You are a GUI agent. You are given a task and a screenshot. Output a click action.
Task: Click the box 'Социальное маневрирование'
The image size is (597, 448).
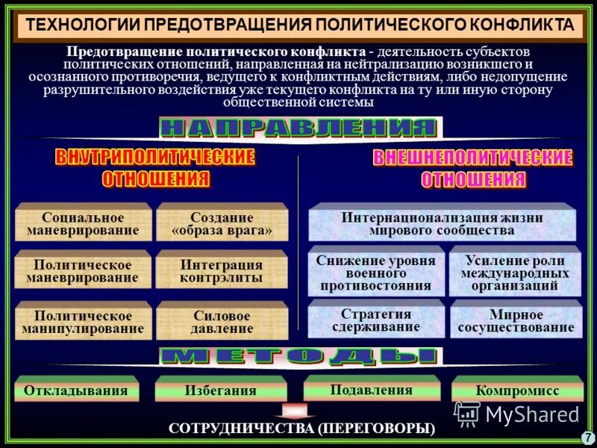(x=83, y=224)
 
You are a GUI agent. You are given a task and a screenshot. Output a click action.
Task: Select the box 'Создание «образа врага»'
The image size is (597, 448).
(x=222, y=224)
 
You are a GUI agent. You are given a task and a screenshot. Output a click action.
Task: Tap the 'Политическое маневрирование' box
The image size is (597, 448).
(x=83, y=271)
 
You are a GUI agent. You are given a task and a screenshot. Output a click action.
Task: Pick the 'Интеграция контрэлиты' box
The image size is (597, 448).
(x=222, y=271)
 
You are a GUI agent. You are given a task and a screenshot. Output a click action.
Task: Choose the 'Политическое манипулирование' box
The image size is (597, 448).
(x=83, y=322)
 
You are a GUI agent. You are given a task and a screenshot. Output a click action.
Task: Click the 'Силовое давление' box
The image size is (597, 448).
(x=222, y=322)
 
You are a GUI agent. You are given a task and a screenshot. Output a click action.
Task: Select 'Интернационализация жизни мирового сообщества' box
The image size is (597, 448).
(x=442, y=224)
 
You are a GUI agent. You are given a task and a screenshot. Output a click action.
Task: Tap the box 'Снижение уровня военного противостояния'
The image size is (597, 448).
(x=375, y=272)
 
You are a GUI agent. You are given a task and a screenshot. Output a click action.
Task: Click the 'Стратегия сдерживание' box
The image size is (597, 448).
(x=375, y=320)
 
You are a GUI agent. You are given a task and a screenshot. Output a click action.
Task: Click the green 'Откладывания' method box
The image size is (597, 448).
(x=76, y=391)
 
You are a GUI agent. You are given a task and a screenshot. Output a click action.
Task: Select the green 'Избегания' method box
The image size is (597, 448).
(x=220, y=391)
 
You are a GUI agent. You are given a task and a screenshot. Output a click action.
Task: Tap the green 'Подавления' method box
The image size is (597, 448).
(x=371, y=389)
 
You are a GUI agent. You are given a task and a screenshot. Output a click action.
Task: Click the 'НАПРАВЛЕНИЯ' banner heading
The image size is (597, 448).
(x=298, y=128)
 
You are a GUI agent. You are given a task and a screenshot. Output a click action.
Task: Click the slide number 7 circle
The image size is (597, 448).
(x=587, y=437)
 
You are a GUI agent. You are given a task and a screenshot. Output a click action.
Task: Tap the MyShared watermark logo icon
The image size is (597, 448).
(x=467, y=413)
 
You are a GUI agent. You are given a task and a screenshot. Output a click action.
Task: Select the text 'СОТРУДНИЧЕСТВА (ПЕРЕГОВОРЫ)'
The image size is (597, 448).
(x=301, y=429)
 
